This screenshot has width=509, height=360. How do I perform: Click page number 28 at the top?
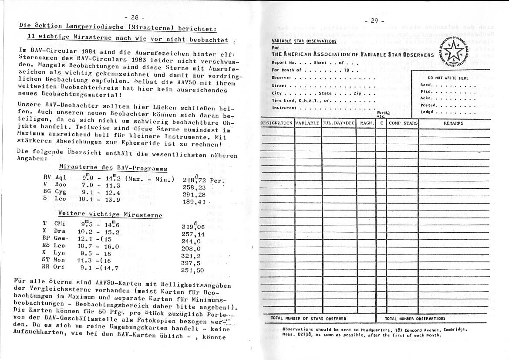point(134,17)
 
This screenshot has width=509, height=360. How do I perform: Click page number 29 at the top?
point(374,20)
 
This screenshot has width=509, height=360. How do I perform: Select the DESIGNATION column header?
point(276,123)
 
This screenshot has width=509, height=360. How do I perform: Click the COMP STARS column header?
point(403,123)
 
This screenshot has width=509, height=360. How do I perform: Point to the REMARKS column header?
point(453,123)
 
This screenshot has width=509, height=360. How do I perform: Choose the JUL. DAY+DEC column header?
point(338,123)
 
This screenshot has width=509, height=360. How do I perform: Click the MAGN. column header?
point(367,123)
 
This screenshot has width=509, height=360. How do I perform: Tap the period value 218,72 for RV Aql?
point(194,180)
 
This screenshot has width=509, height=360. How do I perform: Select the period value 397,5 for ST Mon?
point(191,263)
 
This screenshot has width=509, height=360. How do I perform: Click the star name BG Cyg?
point(53,191)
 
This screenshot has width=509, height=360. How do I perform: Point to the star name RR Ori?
point(53,267)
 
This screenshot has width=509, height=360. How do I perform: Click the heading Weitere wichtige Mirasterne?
point(110,215)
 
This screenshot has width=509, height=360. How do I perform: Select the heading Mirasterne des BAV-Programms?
point(113,168)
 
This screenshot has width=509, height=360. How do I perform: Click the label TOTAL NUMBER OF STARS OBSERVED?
point(308,319)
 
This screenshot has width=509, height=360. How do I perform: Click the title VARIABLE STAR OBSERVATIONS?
point(304,41)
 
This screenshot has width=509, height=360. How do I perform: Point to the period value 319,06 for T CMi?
point(193,227)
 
